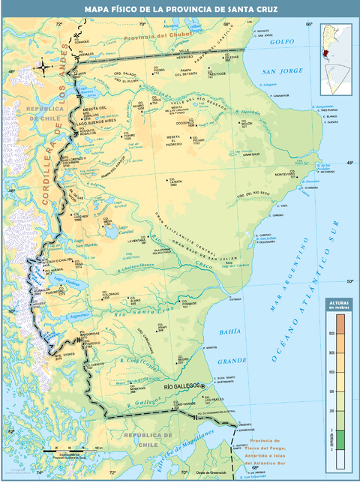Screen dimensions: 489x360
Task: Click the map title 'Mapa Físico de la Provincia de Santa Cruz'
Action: pos(180,8)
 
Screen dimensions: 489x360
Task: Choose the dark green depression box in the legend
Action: pos(340,439)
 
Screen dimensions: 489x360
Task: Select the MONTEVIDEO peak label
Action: pos(285,174)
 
